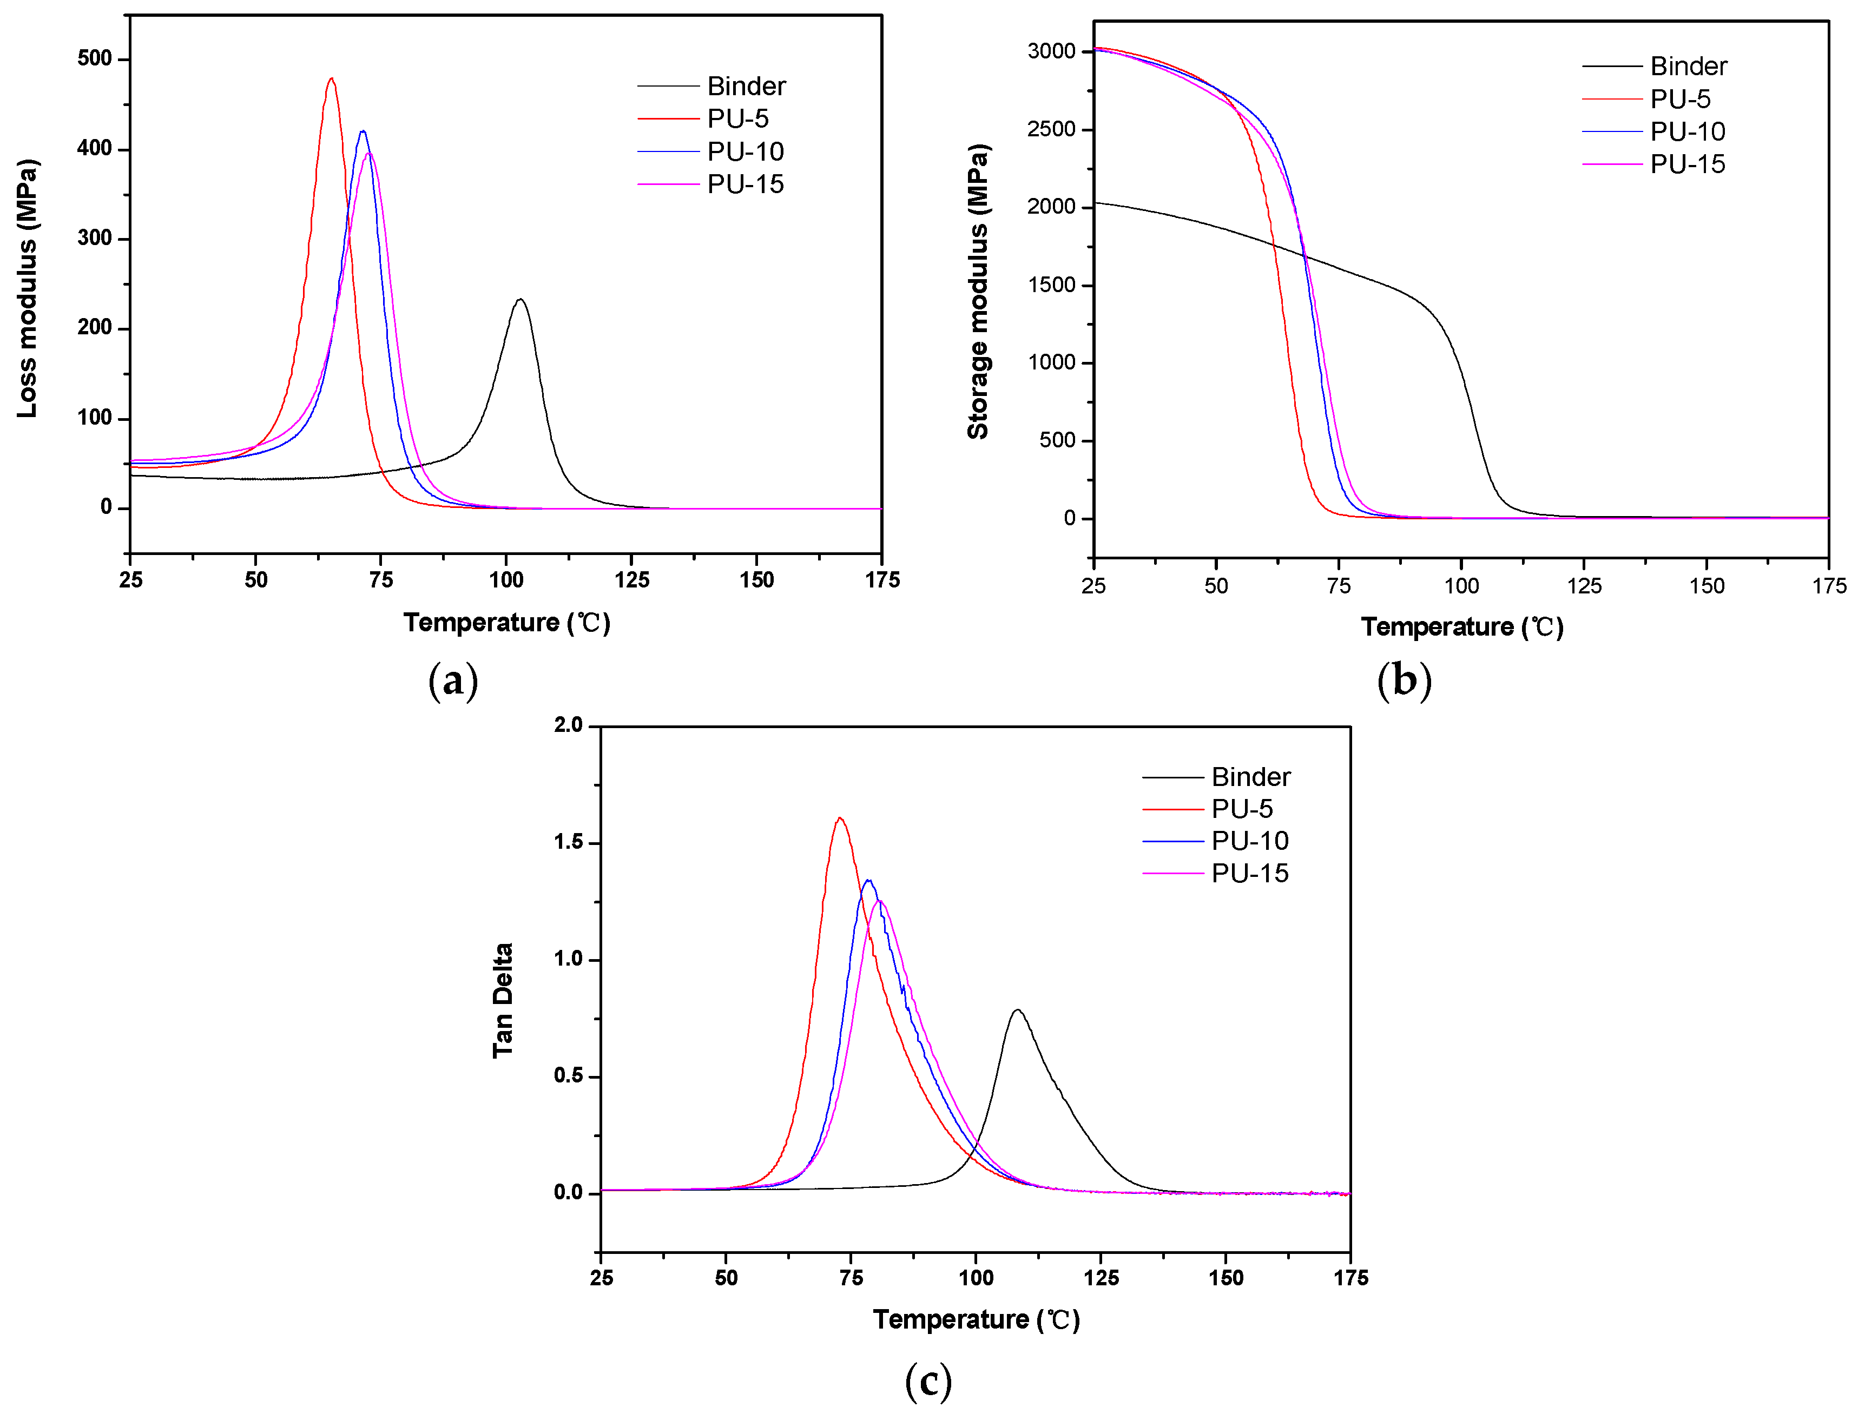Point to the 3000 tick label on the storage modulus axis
pyautogui.click(x=1051, y=51)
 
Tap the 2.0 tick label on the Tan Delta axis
pyautogui.click(x=568, y=725)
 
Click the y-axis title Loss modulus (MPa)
pyautogui.click(x=27, y=287)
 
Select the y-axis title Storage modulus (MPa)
pyautogui.click(x=978, y=292)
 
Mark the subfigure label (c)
pyautogui.click(x=928, y=1381)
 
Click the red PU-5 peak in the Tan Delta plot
pyautogui.click(x=839, y=818)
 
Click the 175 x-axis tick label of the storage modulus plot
pyautogui.click(x=1828, y=586)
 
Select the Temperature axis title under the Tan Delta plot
pyautogui.click(x=976, y=1319)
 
